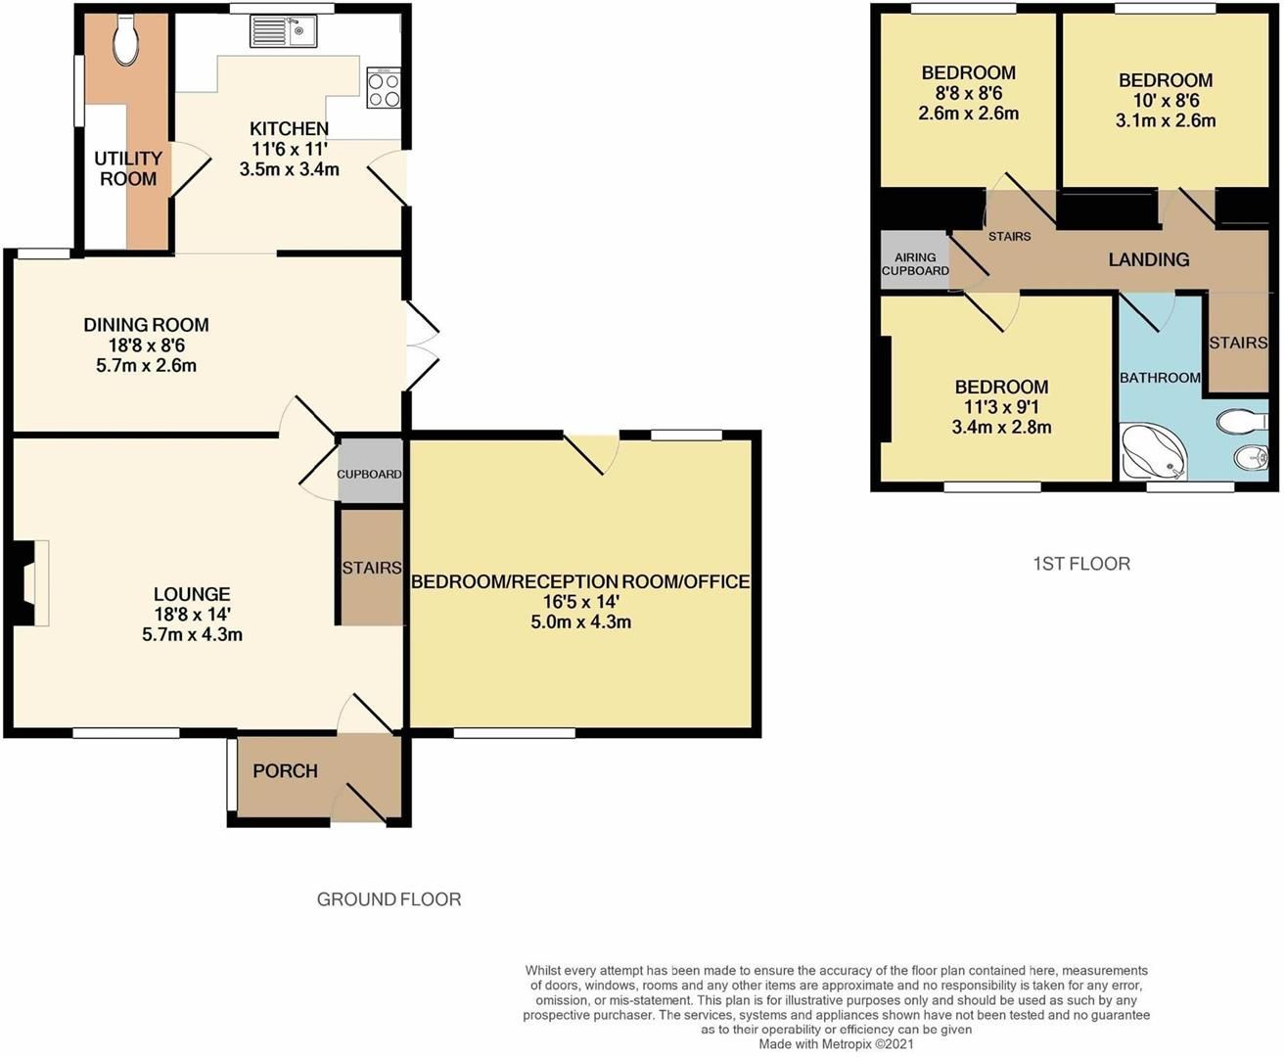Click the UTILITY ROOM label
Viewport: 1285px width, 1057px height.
[128, 168]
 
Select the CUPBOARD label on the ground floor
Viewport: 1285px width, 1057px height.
[369, 474]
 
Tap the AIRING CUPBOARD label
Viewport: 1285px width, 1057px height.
[915, 264]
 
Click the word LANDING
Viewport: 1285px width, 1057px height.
[1148, 259]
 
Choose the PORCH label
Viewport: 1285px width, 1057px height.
[285, 771]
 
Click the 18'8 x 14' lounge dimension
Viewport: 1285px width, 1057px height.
[192, 615]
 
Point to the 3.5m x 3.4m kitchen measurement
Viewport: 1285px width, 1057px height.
[289, 169]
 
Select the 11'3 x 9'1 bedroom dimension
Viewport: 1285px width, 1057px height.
[1001, 407]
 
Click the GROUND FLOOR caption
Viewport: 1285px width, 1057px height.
[389, 899]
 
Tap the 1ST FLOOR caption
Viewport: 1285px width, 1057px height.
[1081, 564]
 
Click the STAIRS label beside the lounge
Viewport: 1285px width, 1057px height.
[372, 568]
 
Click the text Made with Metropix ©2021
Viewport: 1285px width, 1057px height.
[836, 1044]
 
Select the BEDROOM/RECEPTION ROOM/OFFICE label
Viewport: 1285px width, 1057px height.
[580, 581]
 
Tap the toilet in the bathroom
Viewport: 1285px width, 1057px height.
[1235, 422]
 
